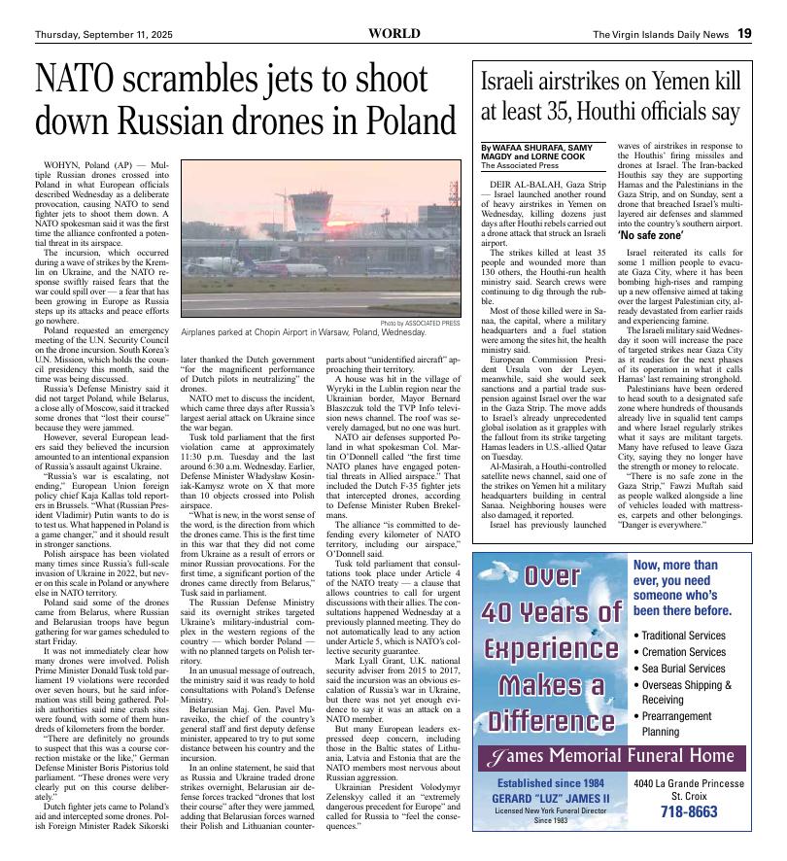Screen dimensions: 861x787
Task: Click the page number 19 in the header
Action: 743,33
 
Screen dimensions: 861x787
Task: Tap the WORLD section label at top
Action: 394,33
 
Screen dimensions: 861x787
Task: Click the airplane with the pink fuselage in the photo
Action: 284,266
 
